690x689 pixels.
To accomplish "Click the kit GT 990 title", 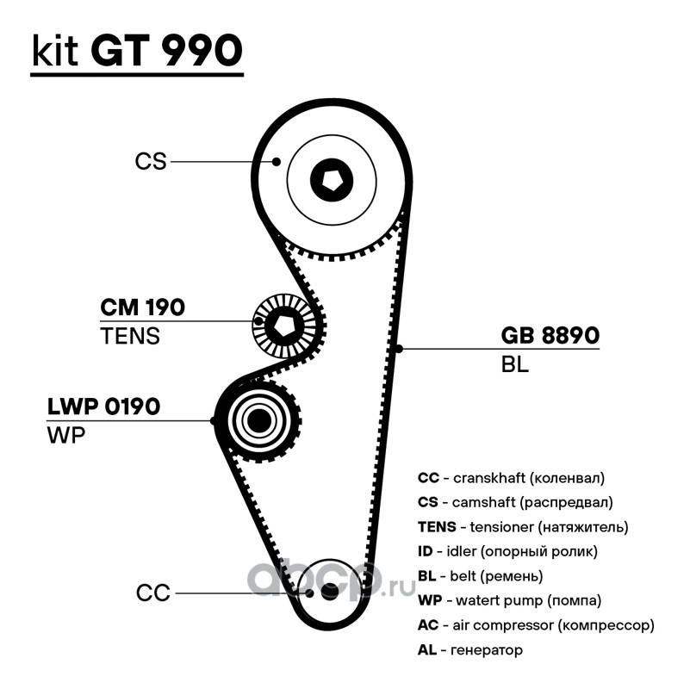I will tap(136, 52).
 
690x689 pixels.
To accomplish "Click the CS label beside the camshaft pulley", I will tap(150, 161).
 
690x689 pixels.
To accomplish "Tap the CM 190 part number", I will tap(143, 307).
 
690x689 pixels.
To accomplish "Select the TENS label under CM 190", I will tap(130, 336).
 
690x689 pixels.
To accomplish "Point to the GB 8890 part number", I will tap(550, 336).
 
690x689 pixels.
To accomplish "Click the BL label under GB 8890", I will tap(514, 364).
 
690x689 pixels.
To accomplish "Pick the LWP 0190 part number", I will tap(103, 407).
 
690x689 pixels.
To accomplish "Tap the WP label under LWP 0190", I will tap(65, 435).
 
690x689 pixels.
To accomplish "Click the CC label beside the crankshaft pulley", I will tap(153, 593).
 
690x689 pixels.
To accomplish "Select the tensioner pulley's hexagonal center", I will tap(283, 324).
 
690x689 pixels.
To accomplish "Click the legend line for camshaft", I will tap(515, 501).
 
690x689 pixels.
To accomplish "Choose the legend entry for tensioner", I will tap(523, 526).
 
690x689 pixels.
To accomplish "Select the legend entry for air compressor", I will tap(536, 625).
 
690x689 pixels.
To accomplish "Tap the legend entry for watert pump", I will tap(509, 600).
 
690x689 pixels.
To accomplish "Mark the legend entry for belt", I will tap(480, 575).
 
